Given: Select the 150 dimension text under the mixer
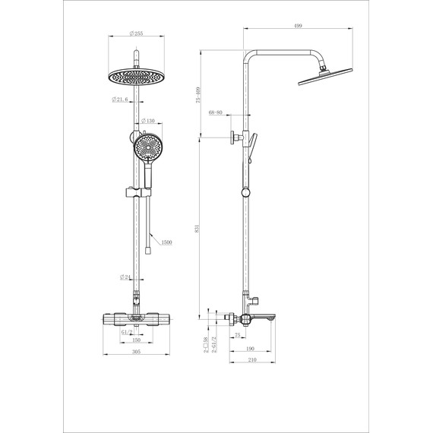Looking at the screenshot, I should click(137, 341).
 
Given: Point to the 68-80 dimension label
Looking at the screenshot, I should click(216, 113).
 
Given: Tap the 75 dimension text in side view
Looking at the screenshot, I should click(238, 334).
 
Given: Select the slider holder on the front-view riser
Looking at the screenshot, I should click(137, 193).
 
